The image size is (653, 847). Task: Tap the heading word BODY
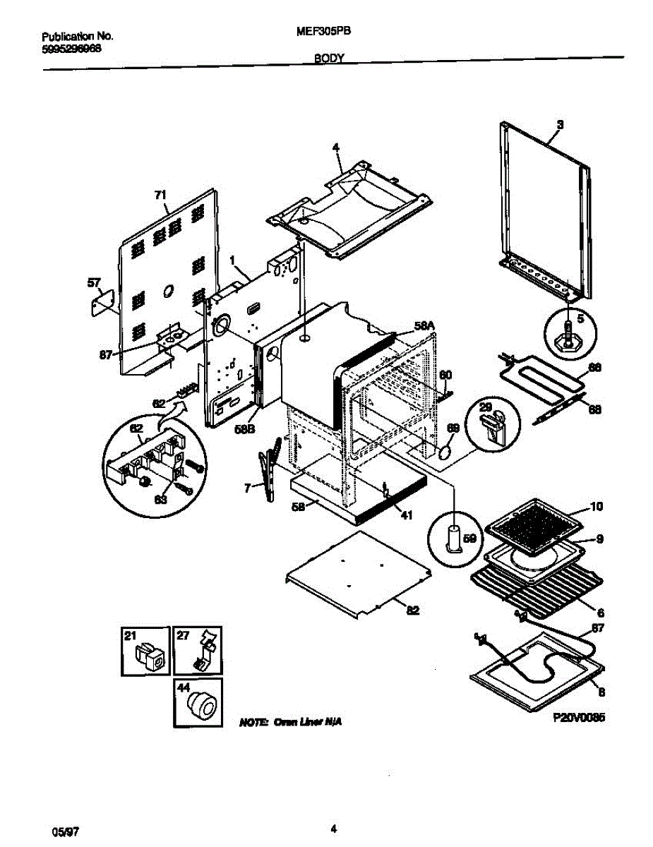click(329, 61)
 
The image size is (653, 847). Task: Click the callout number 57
click(93, 283)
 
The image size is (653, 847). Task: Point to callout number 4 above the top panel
click(336, 148)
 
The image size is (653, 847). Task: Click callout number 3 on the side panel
click(560, 125)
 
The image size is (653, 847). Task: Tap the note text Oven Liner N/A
click(291, 723)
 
